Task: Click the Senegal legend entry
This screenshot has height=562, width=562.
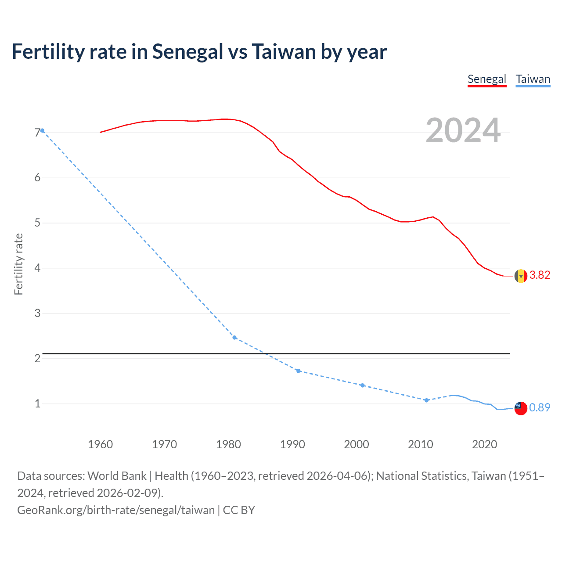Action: pos(486,79)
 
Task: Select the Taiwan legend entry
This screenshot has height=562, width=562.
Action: pos(533,79)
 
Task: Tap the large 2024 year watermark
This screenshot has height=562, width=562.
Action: pos(463,130)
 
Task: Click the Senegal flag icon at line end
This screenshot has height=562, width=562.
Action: pos(521,276)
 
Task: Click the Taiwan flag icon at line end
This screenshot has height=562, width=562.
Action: pos(521,408)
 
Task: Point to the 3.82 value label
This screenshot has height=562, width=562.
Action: pos(540,275)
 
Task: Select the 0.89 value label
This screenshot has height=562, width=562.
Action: pos(540,407)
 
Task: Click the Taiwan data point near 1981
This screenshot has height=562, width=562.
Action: pos(234,338)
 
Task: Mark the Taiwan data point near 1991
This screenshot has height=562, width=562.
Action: pos(299,371)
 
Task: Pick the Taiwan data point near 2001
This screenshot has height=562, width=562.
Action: pos(362,385)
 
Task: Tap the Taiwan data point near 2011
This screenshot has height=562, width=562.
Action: pos(426,400)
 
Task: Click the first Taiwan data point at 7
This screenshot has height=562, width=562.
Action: pos(42,130)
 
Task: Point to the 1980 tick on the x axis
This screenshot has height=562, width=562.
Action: pos(228,444)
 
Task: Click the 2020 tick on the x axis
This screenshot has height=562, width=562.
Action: pos(484,444)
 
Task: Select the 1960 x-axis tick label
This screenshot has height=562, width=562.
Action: pos(100,444)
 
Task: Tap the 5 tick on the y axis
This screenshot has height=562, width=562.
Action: pos(37,223)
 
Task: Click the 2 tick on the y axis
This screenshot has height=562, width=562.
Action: pos(37,358)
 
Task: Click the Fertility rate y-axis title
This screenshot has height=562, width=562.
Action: pos(18,264)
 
